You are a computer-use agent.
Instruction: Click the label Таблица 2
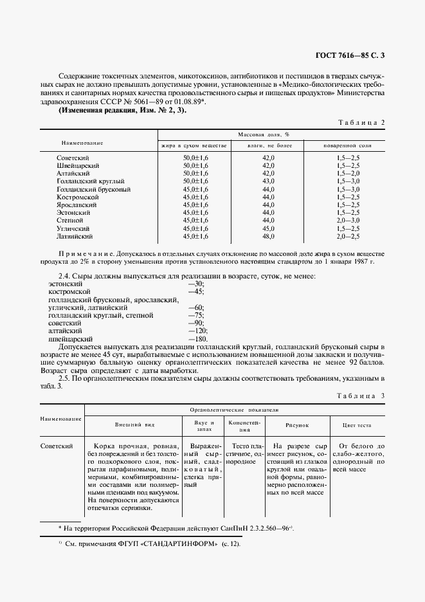pyautogui.click(x=361, y=122)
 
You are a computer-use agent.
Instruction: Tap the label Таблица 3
pyautogui.click(x=361, y=396)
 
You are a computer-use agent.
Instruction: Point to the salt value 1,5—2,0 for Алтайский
pyautogui.click(x=347, y=174)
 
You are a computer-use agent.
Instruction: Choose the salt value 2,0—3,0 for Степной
pyautogui.click(x=347, y=221)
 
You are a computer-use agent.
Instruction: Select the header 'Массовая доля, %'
pyautogui.click(x=264, y=134)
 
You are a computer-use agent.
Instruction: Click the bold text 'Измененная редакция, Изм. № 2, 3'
pyautogui.click(x=122, y=111)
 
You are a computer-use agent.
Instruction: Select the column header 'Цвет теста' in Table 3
pyautogui.click(x=357, y=425)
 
